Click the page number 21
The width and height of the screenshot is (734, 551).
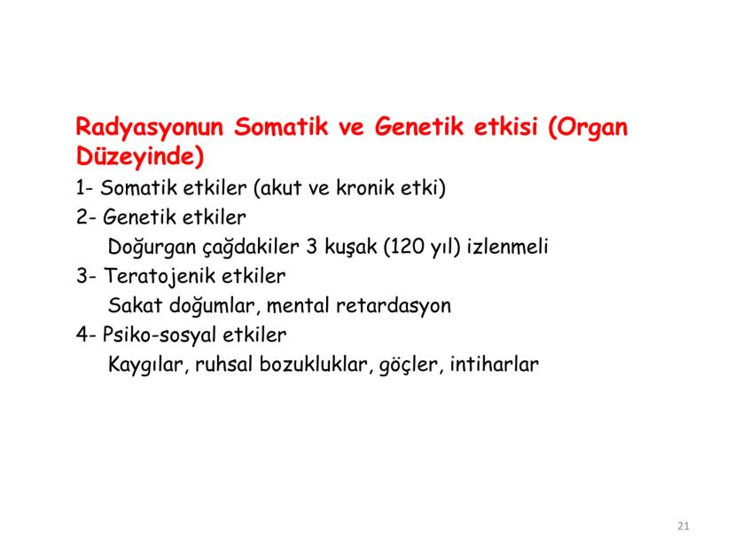point(683,526)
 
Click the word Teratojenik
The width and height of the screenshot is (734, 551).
point(155,276)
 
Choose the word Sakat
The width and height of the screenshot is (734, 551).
point(135,306)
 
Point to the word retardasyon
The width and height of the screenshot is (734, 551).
point(394,306)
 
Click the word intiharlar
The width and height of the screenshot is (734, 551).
point(494,365)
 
